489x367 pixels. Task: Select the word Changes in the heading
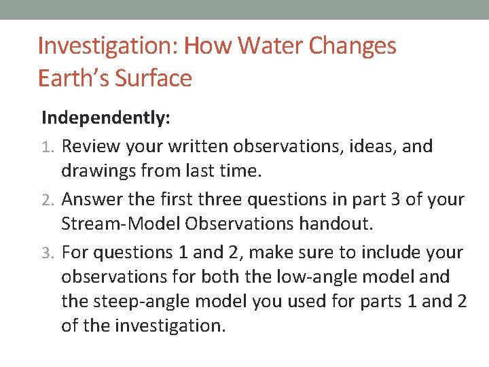click(x=353, y=47)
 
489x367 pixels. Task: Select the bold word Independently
click(x=105, y=118)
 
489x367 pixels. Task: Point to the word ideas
click(x=374, y=146)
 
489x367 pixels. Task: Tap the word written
click(x=197, y=146)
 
